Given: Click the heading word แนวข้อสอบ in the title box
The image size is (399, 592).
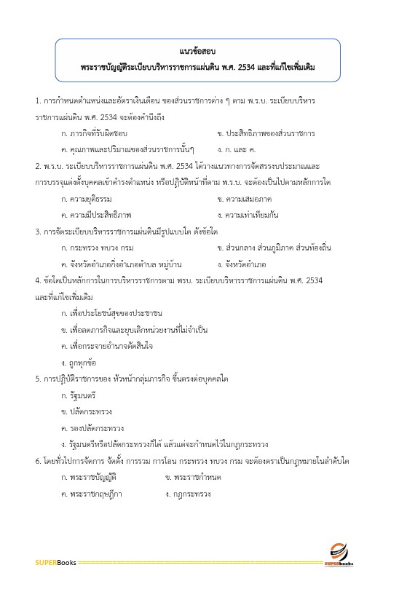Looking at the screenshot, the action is pos(197,52).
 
